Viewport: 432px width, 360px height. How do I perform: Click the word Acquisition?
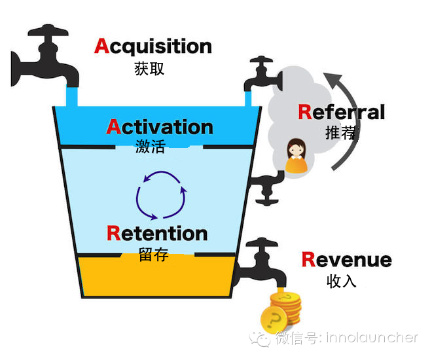[153, 46]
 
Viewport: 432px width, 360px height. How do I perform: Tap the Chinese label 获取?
[149, 69]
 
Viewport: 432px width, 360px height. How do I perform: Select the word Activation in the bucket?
[160, 127]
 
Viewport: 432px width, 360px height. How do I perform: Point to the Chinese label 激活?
[151, 146]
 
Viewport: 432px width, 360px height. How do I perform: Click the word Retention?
[157, 233]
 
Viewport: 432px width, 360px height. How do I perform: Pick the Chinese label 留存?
[153, 254]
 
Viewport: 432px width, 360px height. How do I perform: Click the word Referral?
[342, 112]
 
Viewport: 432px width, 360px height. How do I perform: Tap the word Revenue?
[347, 259]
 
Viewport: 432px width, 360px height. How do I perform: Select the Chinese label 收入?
[342, 281]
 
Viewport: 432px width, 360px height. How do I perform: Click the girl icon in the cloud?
[296, 156]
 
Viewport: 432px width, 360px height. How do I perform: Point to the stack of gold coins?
[281, 312]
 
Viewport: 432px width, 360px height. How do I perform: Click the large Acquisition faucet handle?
[48, 31]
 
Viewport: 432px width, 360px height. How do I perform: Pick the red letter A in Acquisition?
[102, 46]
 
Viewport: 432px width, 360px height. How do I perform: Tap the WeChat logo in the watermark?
[260, 339]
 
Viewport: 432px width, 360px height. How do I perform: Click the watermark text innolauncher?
[372, 338]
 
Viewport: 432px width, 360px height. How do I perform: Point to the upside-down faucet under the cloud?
[266, 189]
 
